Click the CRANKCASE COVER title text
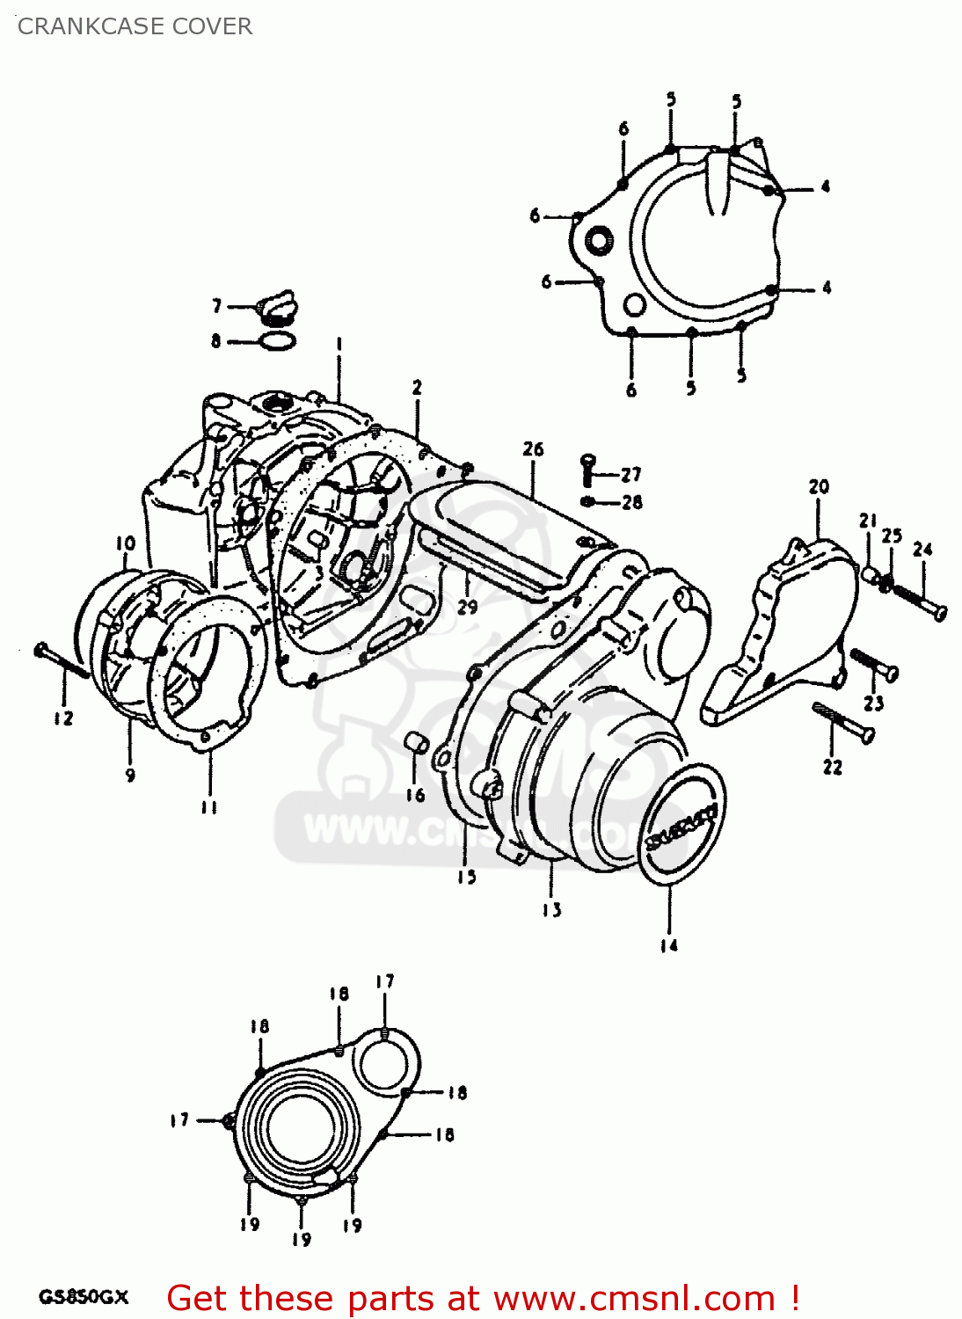click(x=135, y=26)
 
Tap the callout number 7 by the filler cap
click(x=216, y=306)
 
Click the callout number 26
click(x=533, y=449)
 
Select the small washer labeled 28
click(x=588, y=501)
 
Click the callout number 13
click(x=551, y=910)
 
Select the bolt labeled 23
click(x=873, y=664)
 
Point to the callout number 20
click(x=819, y=486)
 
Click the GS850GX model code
click(x=84, y=1297)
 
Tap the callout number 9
click(x=130, y=775)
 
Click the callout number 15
click(x=466, y=877)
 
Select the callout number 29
click(x=467, y=606)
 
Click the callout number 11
click(x=208, y=807)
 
